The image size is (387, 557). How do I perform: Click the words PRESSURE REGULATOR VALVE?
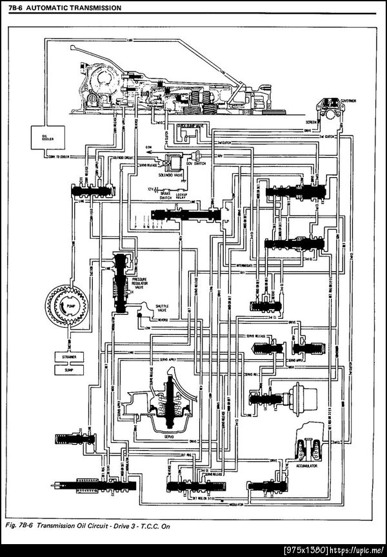pos(141,283)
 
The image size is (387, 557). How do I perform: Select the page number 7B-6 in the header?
pos(15,8)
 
